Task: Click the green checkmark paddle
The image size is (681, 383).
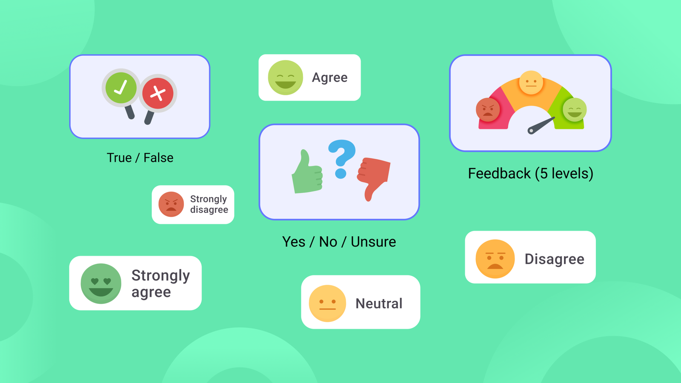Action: (x=121, y=88)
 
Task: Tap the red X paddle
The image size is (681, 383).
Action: (x=158, y=93)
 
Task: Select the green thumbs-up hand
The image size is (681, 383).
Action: (x=307, y=174)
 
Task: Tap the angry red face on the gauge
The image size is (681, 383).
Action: (x=488, y=109)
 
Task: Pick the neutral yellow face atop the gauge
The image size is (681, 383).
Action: (x=531, y=82)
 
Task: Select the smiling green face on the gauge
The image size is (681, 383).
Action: (x=575, y=109)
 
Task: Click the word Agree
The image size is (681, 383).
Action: (x=330, y=77)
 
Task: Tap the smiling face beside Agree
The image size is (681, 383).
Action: (x=285, y=77)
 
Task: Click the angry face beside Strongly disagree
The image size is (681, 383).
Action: (x=171, y=204)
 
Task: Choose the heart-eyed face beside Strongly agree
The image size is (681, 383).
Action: (x=101, y=283)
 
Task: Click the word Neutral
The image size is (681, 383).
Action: (x=379, y=303)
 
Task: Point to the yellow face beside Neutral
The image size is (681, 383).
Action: (x=327, y=303)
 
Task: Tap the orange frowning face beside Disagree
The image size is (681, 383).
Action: (x=495, y=259)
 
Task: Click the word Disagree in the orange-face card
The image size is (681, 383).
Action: (x=554, y=259)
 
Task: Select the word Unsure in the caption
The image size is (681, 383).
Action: (x=373, y=242)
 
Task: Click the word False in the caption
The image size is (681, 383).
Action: (x=158, y=158)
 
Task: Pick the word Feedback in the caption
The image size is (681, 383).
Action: (x=499, y=174)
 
